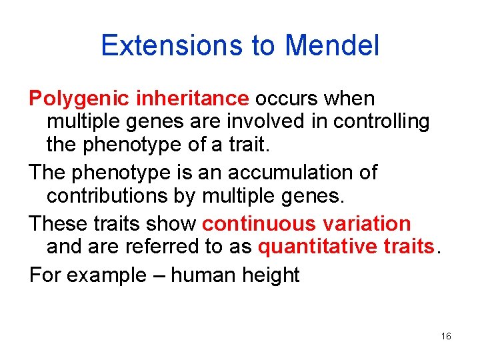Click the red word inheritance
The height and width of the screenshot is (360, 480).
192,99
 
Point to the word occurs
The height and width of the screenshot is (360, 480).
285,99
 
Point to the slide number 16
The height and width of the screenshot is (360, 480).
446,337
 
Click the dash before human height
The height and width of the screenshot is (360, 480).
159,275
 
